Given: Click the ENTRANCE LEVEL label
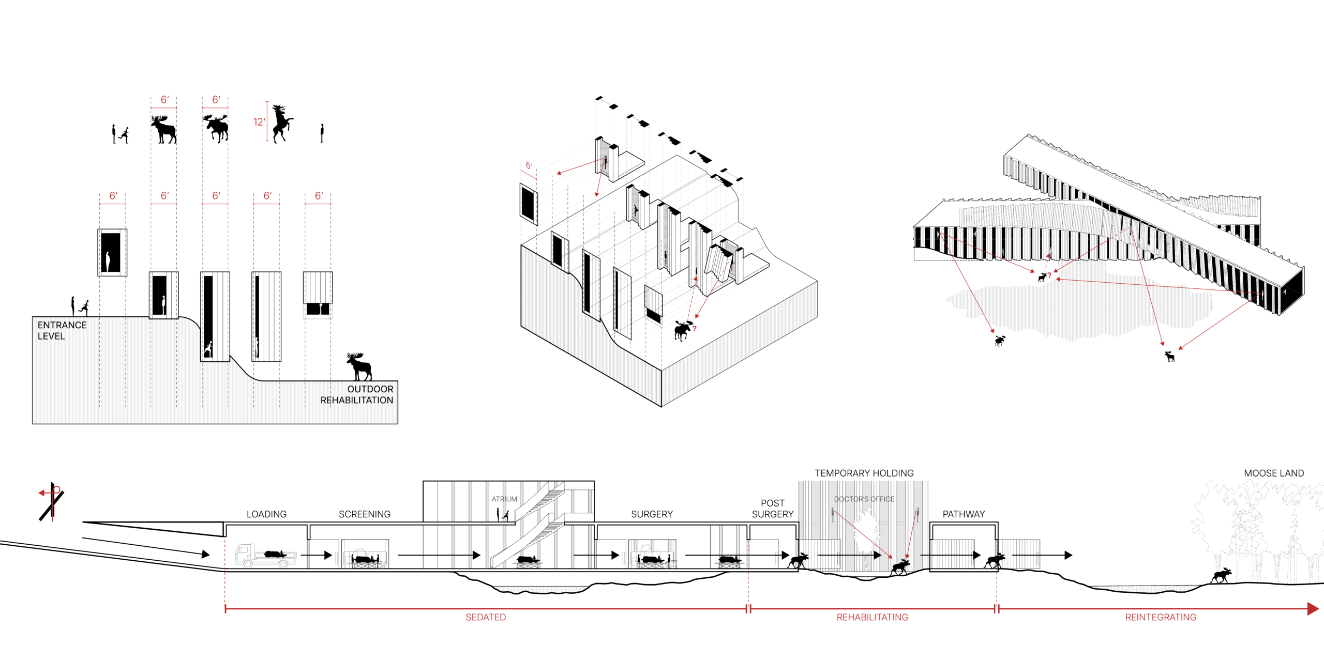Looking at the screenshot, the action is pyautogui.click(x=62, y=330).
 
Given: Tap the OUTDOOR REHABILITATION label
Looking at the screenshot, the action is pyautogui.click(x=357, y=394).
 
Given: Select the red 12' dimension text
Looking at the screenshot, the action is pyautogui.click(x=259, y=122).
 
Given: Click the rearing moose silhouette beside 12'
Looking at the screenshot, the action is pyautogui.click(x=281, y=123).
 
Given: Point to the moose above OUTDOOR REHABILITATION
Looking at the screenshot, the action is pyautogui.click(x=359, y=366).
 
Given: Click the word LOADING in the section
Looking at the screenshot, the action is pyautogui.click(x=266, y=514).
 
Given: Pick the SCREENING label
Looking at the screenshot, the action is pyautogui.click(x=365, y=514).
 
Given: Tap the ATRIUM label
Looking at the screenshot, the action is pyautogui.click(x=504, y=499).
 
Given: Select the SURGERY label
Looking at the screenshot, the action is pyautogui.click(x=652, y=514).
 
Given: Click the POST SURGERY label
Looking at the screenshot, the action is pyautogui.click(x=773, y=509).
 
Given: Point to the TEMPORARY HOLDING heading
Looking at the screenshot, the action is pyautogui.click(x=864, y=473).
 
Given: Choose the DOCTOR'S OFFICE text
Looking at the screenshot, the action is pyautogui.click(x=864, y=499).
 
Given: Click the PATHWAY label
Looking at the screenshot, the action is pyautogui.click(x=964, y=514).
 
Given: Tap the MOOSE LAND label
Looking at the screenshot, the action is pyautogui.click(x=1274, y=473).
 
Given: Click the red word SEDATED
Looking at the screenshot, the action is pyautogui.click(x=486, y=617).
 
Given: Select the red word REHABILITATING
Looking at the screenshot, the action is pyautogui.click(x=872, y=617).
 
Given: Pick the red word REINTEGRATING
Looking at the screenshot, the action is pyautogui.click(x=1161, y=617).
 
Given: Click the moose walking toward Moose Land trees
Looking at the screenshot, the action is pyautogui.click(x=1222, y=575).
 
